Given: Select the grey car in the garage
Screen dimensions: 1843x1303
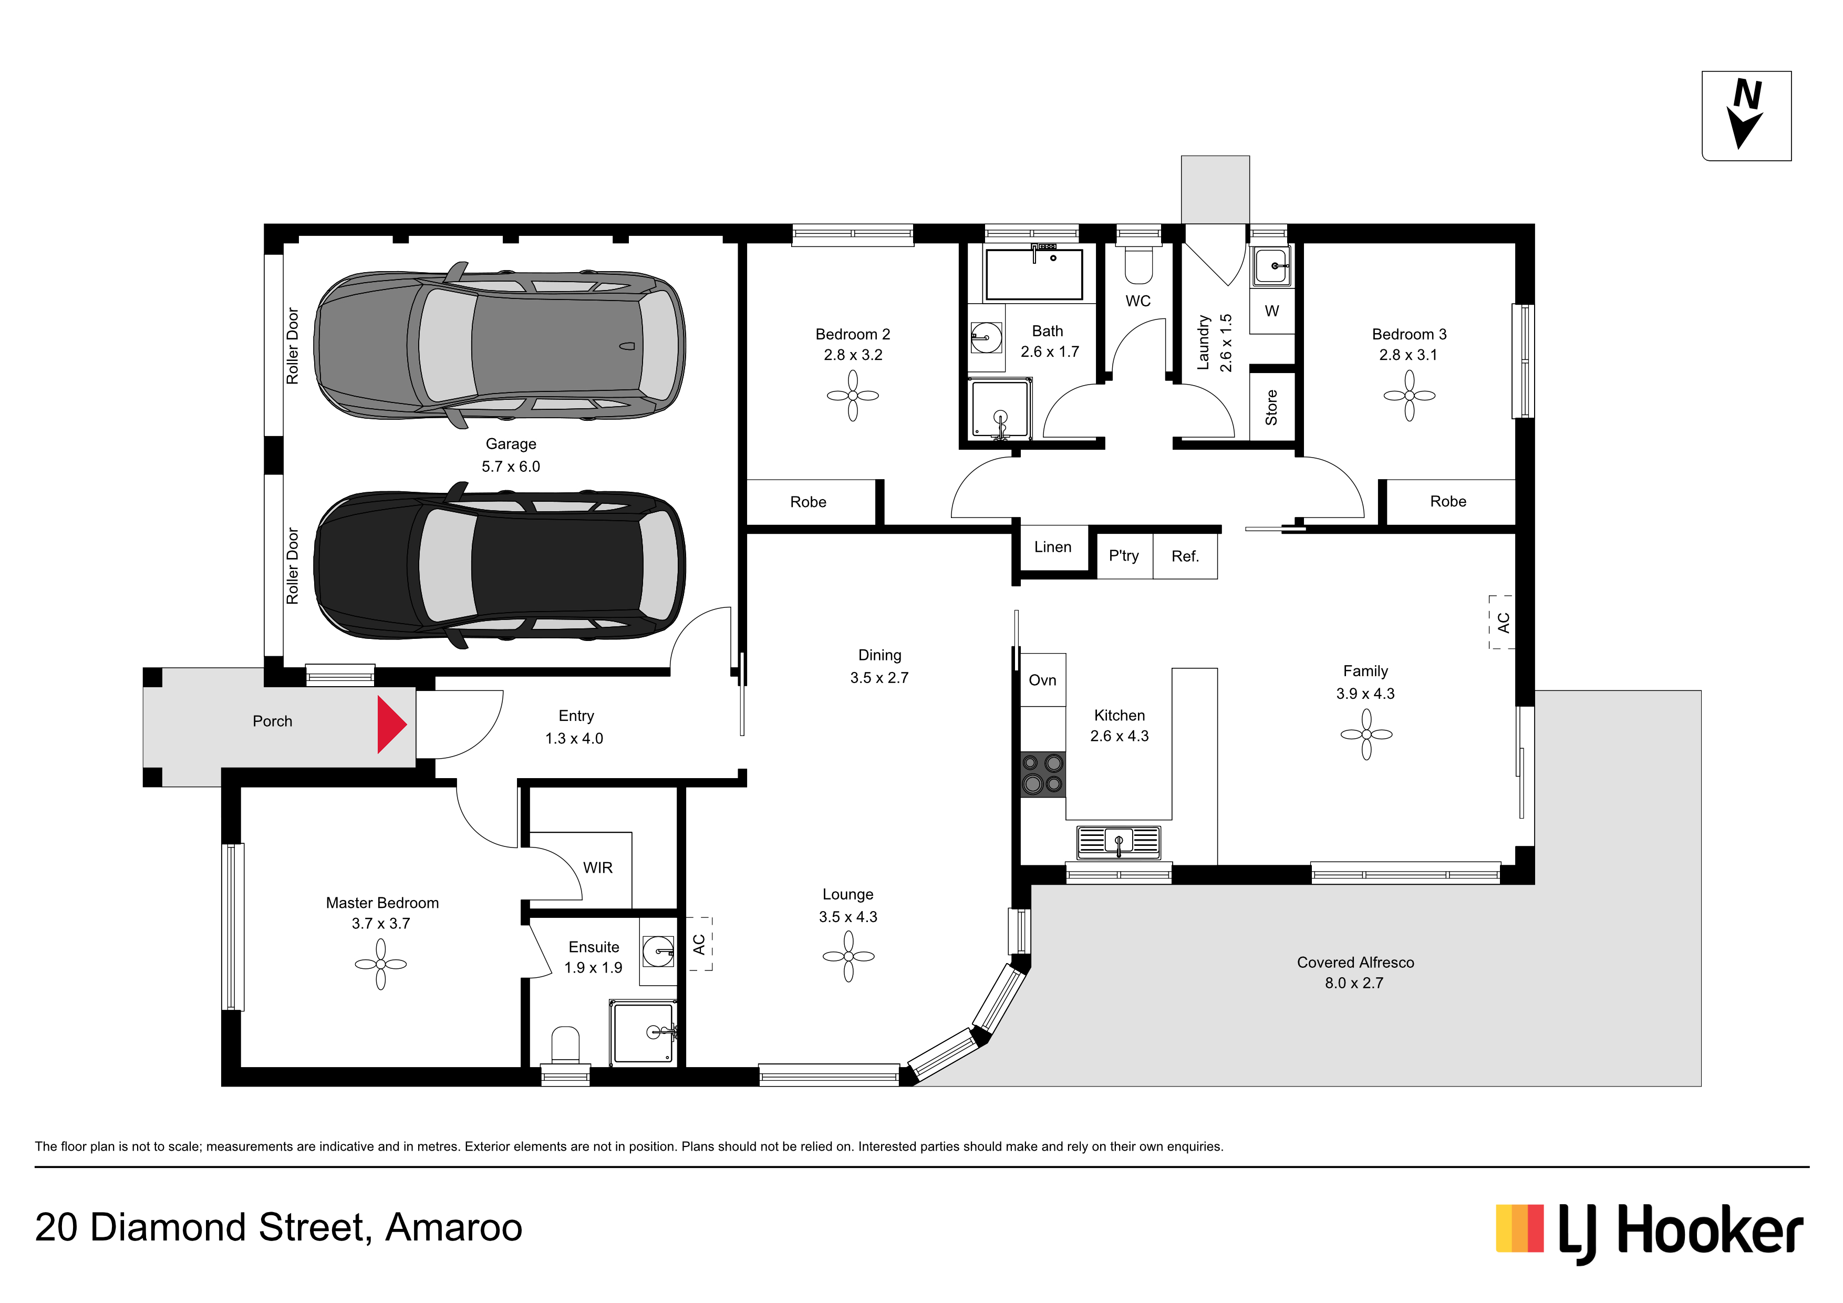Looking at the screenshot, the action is tap(499, 345).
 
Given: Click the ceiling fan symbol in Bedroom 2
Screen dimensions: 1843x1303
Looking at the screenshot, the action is tap(853, 395).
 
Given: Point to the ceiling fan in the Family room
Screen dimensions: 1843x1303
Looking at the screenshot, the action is tap(1366, 734).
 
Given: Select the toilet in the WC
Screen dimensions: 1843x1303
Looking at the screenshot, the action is tap(1138, 265).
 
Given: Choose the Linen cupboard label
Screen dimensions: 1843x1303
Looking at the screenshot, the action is tap(1052, 547).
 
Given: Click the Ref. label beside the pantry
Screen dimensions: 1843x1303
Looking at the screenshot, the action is tap(1185, 556).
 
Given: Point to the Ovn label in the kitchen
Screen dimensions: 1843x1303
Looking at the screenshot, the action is tap(1043, 680).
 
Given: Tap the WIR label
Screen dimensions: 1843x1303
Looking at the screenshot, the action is tap(598, 868).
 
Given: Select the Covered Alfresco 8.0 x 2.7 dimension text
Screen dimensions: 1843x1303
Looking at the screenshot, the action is tap(1354, 983).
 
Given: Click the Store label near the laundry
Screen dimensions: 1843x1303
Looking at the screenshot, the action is tap(1271, 407).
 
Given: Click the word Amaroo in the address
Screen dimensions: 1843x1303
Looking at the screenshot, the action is tap(454, 1227).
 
